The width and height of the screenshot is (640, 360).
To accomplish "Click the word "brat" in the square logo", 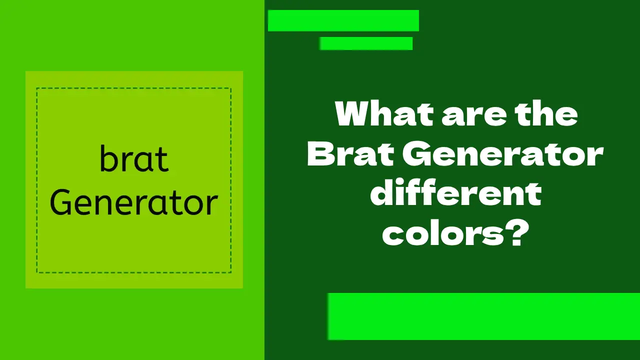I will click(x=134, y=159).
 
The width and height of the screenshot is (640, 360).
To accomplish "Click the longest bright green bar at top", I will click(x=343, y=20).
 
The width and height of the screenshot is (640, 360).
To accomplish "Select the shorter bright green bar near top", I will click(x=366, y=43).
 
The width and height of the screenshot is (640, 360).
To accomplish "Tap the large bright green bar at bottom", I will click(x=483, y=316).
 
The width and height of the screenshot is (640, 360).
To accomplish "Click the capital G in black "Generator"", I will click(x=62, y=203).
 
